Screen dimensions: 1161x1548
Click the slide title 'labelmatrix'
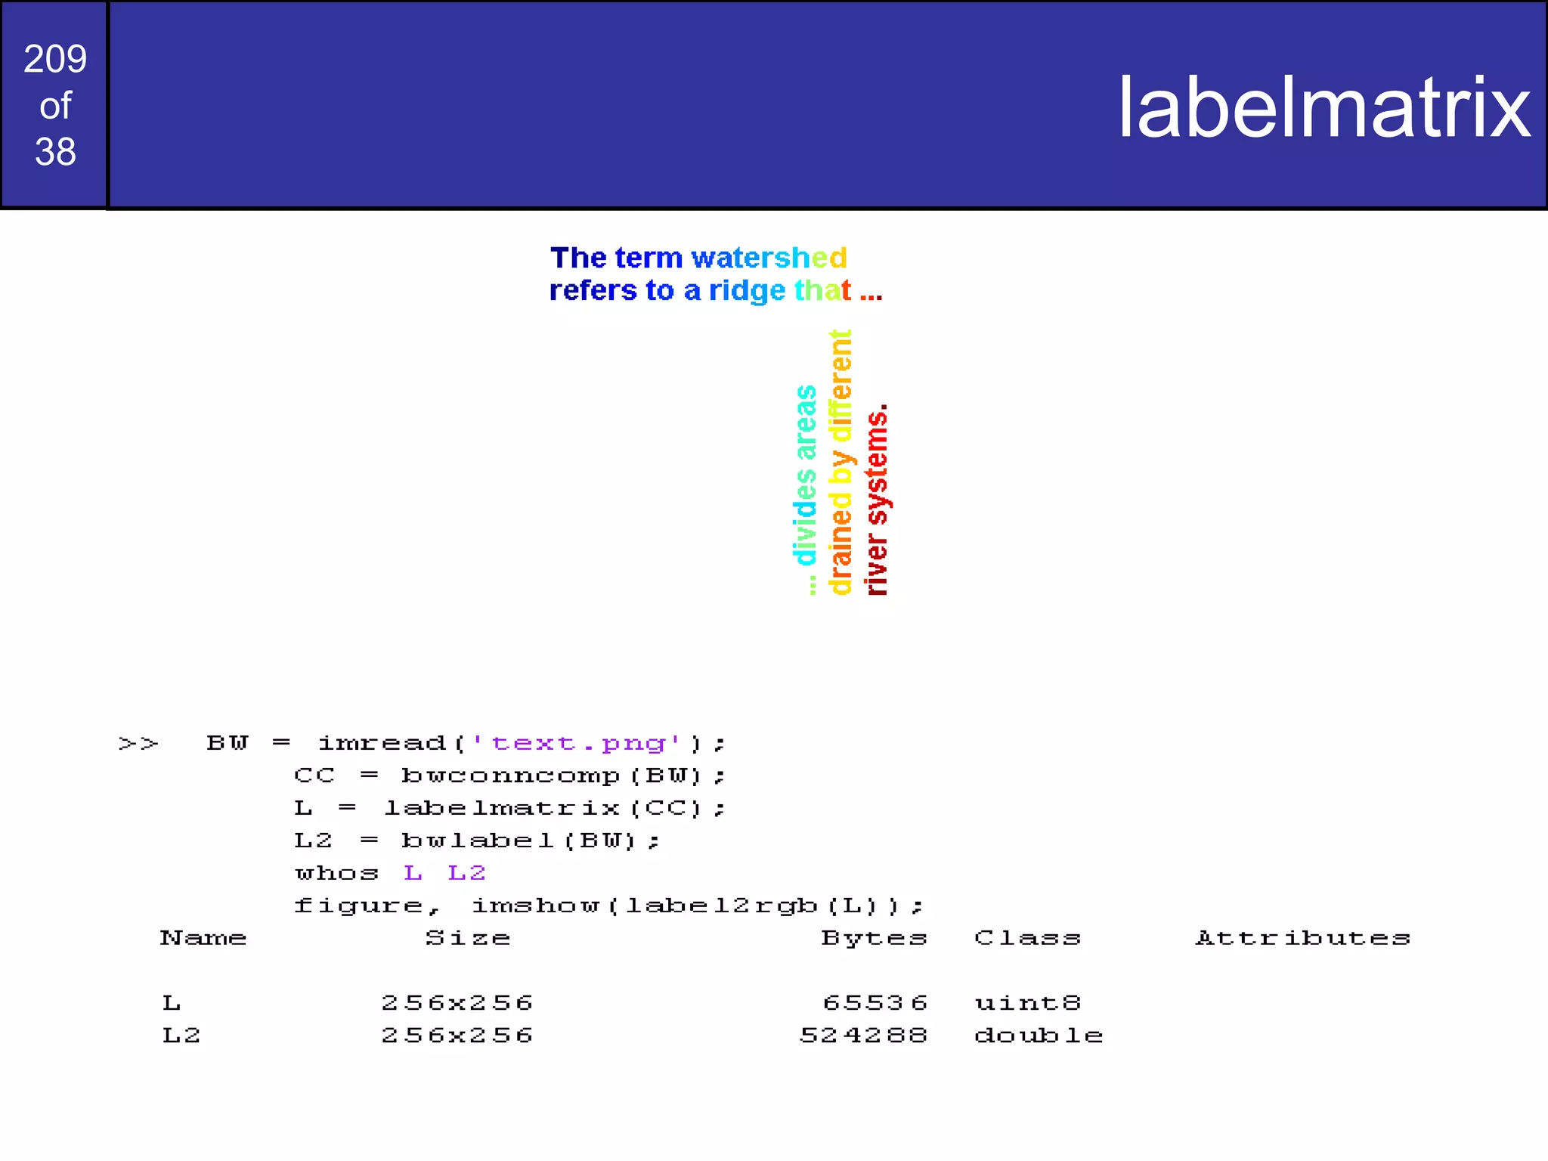click(x=1324, y=108)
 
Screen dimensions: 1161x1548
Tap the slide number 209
click(x=55, y=59)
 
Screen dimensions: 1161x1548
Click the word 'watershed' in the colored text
click(x=769, y=258)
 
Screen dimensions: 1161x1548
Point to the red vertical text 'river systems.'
click(x=877, y=500)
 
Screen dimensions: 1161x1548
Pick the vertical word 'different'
click(x=841, y=385)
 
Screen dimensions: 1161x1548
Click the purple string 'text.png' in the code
click(x=578, y=744)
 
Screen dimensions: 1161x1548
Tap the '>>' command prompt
click(x=138, y=744)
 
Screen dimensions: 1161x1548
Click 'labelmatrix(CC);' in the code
click(x=555, y=809)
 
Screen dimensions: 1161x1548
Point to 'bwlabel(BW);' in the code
click(x=530, y=841)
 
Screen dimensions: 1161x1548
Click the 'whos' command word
click(x=336, y=874)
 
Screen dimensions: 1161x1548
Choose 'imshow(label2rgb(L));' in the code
click(x=696, y=906)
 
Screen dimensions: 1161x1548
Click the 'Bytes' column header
click(x=874, y=938)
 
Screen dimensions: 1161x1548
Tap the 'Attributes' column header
click(x=1302, y=938)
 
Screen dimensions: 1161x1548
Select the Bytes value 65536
click(x=875, y=1003)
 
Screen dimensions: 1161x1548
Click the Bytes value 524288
click(x=863, y=1036)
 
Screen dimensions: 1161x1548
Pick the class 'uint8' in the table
click(x=1027, y=1003)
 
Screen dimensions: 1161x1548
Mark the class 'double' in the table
click(x=1038, y=1036)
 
